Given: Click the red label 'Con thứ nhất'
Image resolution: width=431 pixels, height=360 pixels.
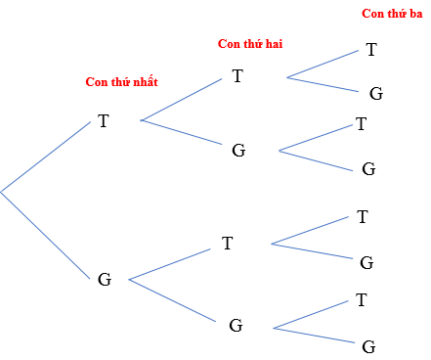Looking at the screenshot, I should tap(121, 83).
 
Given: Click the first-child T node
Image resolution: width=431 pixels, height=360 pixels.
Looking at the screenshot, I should tap(103, 121).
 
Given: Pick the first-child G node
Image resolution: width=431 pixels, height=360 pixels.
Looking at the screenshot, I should tap(105, 279).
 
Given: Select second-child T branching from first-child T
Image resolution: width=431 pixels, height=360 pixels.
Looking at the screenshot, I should tap(237, 75).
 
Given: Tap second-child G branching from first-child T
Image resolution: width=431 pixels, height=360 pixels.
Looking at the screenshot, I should tap(238, 151).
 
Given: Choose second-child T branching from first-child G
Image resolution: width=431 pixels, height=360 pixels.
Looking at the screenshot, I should tap(228, 244).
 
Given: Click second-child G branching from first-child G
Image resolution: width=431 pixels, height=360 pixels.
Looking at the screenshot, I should tap(236, 325).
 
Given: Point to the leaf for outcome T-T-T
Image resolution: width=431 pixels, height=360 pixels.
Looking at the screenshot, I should tap(371, 49).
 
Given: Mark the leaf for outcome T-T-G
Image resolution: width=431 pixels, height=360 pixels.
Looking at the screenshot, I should tap(375, 94).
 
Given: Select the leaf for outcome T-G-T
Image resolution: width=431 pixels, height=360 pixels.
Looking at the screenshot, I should tap(362, 124).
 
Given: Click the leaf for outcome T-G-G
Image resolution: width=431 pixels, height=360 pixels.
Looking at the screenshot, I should tap(368, 168).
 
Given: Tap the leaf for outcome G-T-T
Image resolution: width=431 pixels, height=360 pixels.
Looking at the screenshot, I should tap(363, 216).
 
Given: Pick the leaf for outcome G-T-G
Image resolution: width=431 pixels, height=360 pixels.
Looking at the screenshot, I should tap(367, 262).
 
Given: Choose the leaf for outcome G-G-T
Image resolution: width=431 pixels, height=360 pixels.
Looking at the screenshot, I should tap(363, 298).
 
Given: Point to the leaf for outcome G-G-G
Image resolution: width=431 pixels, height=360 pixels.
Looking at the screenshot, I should tap(368, 345).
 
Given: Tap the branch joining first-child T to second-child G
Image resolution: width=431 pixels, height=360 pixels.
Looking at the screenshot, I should tap(183, 134).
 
